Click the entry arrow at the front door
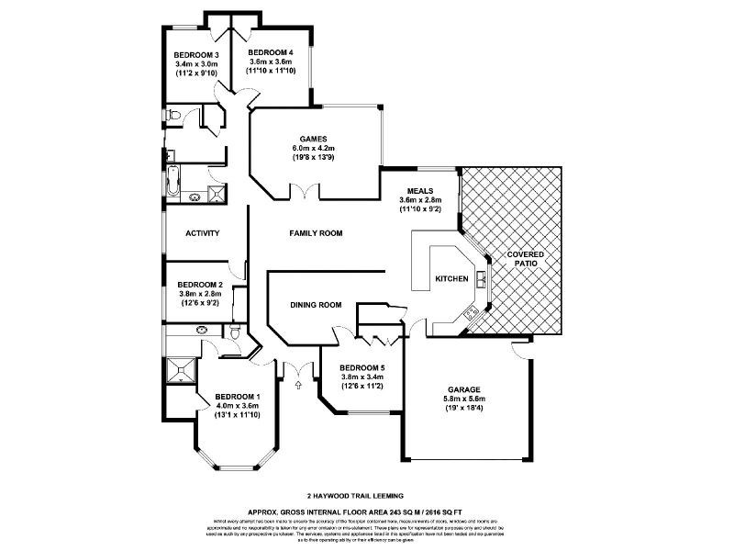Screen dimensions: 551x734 pyautogui.click(x=297, y=386)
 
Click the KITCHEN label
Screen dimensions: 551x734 pyautogui.click(x=451, y=279)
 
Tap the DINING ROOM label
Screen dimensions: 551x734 pyautogui.click(x=316, y=305)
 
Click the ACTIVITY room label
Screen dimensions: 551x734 pyautogui.click(x=202, y=233)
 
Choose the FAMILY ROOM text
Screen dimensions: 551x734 pyautogui.click(x=316, y=233)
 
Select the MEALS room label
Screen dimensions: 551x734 pyautogui.click(x=421, y=190)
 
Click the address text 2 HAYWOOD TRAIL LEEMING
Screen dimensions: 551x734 pyautogui.click(x=365, y=496)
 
